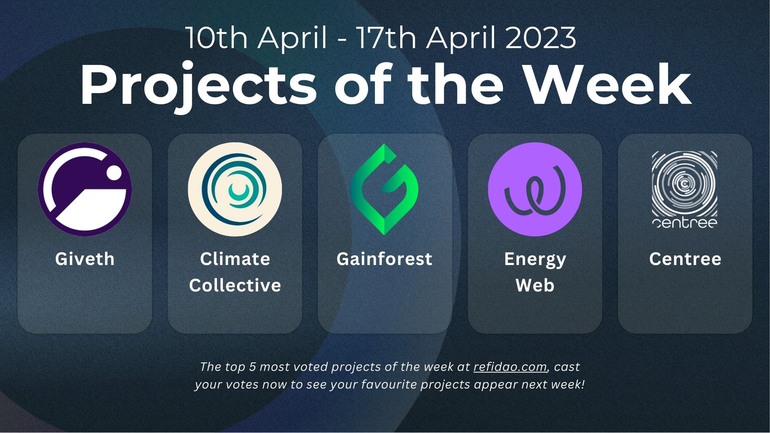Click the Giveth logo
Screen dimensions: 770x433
point(85,189)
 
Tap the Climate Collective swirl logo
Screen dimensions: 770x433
point(235,189)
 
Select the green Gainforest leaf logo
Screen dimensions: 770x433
point(385,189)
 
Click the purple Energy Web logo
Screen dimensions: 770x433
point(535,189)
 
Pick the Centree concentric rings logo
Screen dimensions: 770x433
point(685,189)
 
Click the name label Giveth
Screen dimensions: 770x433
point(85,259)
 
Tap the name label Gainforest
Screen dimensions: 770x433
point(385,259)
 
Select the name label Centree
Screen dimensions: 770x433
point(685,259)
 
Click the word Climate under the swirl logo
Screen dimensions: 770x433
point(235,259)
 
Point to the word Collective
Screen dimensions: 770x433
point(235,285)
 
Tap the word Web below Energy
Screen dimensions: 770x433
point(535,285)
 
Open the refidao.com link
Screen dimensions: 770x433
point(510,367)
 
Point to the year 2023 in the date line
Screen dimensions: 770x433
point(541,38)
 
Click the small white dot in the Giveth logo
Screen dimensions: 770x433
point(114,173)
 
